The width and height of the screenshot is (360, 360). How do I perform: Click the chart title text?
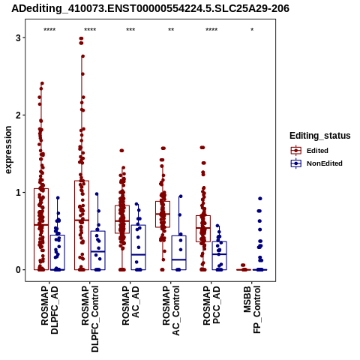tap(150, 8)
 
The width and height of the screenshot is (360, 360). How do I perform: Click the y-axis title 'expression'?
tap(8, 150)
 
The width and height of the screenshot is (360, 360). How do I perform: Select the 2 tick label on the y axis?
tap(18, 115)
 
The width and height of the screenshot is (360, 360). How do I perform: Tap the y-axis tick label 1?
tap(18, 193)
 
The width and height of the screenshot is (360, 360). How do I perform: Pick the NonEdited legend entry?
tap(316, 163)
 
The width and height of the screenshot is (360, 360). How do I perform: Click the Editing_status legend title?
tap(320, 136)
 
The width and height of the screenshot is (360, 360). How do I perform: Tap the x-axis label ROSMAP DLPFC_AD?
tap(49, 310)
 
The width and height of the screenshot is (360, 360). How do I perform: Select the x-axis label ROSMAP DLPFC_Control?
tap(90, 319)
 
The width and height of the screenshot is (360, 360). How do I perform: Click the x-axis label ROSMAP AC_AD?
tap(130, 306)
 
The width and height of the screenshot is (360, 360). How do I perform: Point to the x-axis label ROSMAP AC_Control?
tap(171, 310)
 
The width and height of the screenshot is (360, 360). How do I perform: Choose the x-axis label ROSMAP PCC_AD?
tap(211, 306)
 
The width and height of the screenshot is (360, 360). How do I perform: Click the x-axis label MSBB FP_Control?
tap(252, 310)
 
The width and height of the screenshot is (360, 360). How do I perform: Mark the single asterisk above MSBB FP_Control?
tap(252, 30)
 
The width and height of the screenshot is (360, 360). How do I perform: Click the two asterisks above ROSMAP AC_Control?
tap(171, 30)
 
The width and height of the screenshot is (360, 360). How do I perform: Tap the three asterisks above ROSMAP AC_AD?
tap(130, 30)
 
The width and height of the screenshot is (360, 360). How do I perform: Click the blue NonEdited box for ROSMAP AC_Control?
tap(179, 235)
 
